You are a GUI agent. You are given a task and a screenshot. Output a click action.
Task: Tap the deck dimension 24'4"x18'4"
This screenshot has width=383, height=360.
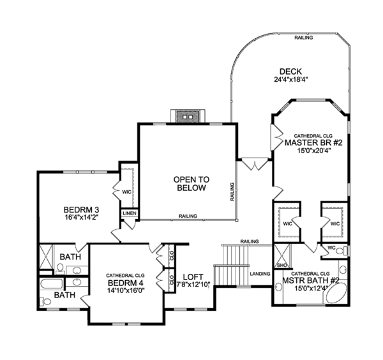click(x=290, y=80)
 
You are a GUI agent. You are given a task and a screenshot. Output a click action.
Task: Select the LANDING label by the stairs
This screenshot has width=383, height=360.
click(x=260, y=273)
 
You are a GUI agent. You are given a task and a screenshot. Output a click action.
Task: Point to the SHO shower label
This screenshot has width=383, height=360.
click(x=281, y=264)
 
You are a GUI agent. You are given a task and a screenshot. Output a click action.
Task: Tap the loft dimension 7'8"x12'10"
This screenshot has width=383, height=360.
click(x=194, y=285)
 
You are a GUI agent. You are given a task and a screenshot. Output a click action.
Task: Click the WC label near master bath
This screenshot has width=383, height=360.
click(x=332, y=247)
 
